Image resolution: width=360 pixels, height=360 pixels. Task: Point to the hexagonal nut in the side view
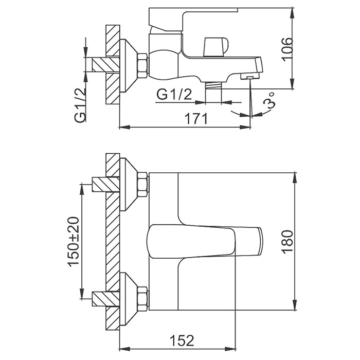point(141,65)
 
